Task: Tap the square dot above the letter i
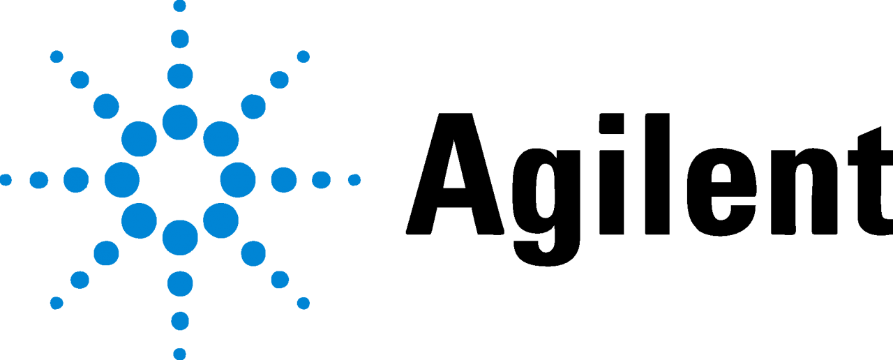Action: pyautogui.click(x=612, y=123)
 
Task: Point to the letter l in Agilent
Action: pyautogui.click(x=657, y=174)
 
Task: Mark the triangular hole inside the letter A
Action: pyautogui.click(x=454, y=167)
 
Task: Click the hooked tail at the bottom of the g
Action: pyautogui.click(x=546, y=255)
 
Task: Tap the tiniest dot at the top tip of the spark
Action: pyautogui.click(x=180, y=6)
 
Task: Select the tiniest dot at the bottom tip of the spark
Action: pyautogui.click(x=180, y=354)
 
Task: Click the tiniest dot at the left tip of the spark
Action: pyautogui.click(x=5, y=180)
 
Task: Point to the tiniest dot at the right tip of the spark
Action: pyautogui.click(x=354, y=180)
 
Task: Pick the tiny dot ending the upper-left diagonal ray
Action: pyautogui.click(x=57, y=57)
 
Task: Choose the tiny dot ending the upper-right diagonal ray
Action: pyautogui.click(x=303, y=57)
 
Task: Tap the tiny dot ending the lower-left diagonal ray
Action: pyautogui.click(x=57, y=303)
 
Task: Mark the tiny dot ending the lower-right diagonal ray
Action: pyautogui.click(x=303, y=303)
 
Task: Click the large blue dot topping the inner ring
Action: pyautogui.click(x=180, y=122)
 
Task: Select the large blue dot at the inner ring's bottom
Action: pyautogui.click(x=180, y=238)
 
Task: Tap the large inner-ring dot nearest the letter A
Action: pyautogui.click(x=238, y=180)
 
